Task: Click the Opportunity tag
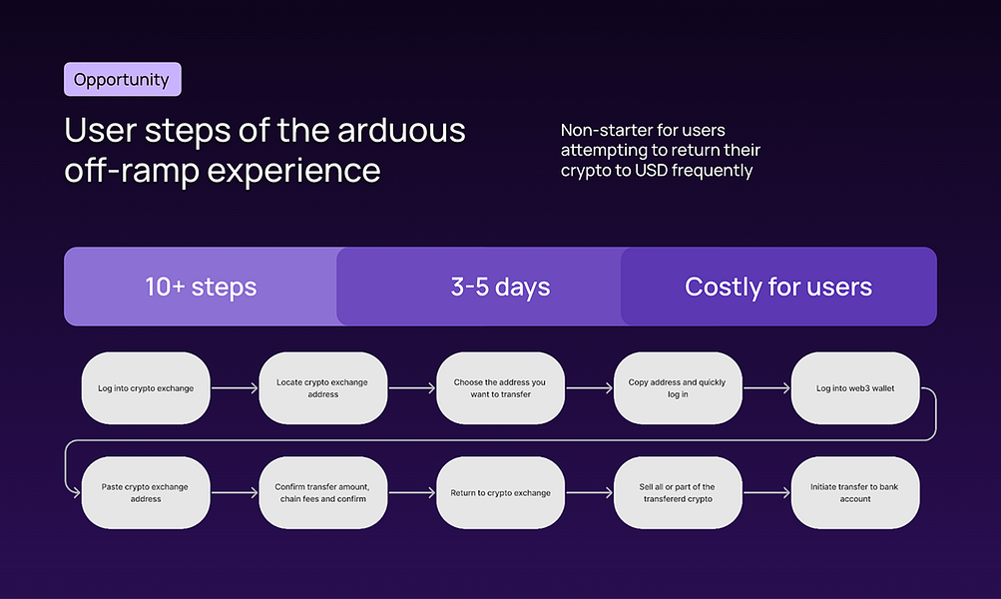tap(122, 80)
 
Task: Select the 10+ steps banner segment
tap(201, 288)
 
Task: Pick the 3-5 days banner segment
tap(500, 288)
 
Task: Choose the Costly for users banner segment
tap(778, 288)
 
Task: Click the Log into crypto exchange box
tap(146, 387)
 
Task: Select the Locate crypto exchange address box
tap(322, 387)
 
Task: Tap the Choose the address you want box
tap(500, 387)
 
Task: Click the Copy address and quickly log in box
tap(678, 387)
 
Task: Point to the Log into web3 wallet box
tap(855, 387)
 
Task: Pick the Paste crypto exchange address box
tap(146, 492)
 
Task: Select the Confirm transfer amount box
tap(322, 492)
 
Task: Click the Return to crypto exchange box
tap(500, 492)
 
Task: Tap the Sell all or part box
tap(678, 492)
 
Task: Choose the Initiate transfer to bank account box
tap(855, 492)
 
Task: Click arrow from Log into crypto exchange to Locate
tap(235, 387)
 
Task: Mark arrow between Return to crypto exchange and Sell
tap(589, 492)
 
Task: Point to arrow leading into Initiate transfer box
tap(766, 492)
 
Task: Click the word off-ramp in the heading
tap(129, 171)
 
